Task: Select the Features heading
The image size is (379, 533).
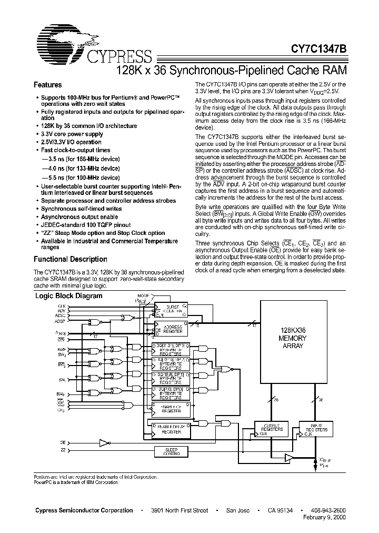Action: tap(47, 85)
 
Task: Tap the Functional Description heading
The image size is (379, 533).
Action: tap(71, 259)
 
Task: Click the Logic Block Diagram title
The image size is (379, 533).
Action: tap(68, 296)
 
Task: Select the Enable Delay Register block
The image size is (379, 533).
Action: tap(172, 429)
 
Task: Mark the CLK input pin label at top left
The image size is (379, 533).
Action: tap(62, 305)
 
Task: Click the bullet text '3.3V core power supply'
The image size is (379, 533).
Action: tap(72, 134)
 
